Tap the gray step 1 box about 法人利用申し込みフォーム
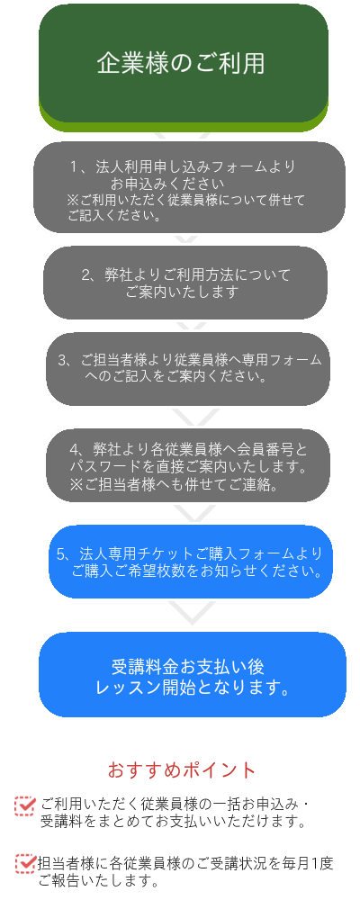click(x=189, y=187)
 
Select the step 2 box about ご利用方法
click(x=184, y=283)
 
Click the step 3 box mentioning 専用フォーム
click(x=188, y=369)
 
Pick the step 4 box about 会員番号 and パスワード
click(x=188, y=465)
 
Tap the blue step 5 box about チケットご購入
click(x=191, y=562)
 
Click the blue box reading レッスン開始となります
click(x=193, y=675)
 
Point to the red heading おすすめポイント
click(x=182, y=769)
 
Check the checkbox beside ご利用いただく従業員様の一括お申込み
click(x=25, y=805)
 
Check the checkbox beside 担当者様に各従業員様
click(x=25, y=863)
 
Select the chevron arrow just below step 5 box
click(x=193, y=612)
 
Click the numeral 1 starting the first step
click(x=74, y=167)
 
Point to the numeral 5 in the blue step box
click(x=60, y=554)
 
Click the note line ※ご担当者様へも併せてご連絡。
click(x=174, y=485)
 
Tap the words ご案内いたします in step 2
click(x=182, y=292)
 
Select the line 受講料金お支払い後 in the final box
click(x=188, y=667)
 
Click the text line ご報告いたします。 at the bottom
click(x=98, y=880)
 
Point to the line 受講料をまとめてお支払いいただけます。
click(x=172, y=822)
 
